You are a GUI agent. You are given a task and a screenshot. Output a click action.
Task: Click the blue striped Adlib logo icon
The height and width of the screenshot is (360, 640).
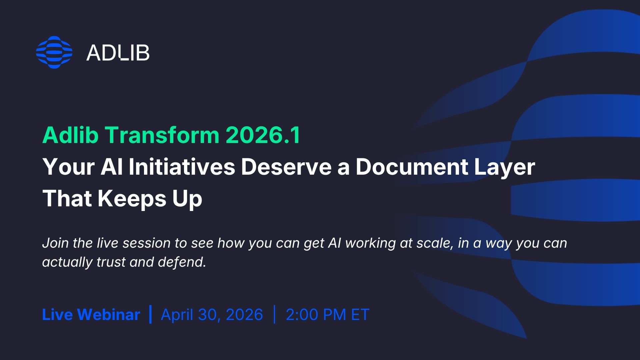tap(54, 52)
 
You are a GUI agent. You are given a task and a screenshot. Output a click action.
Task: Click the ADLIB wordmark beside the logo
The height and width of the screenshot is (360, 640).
tap(118, 53)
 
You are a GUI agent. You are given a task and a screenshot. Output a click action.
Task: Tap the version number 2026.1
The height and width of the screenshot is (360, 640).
tap(263, 135)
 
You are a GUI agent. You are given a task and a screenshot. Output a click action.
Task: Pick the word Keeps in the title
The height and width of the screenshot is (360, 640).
tap(132, 199)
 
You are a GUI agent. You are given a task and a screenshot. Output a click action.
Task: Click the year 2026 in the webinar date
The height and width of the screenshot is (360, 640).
tap(244, 315)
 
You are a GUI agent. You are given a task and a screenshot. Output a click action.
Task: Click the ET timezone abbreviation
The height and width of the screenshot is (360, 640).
tap(360, 315)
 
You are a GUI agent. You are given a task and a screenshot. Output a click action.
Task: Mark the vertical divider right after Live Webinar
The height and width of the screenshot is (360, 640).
tap(151, 314)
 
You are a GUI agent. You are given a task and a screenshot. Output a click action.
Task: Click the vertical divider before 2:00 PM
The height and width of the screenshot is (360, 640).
tap(274, 314)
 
